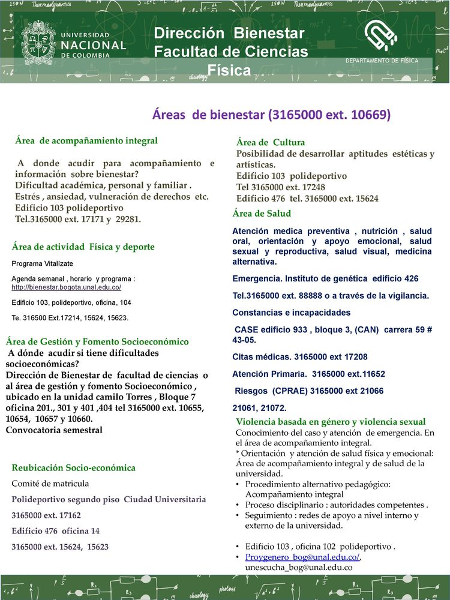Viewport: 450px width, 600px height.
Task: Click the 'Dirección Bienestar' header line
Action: (229, 32)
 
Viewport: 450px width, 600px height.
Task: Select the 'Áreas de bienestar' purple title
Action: (271, 115)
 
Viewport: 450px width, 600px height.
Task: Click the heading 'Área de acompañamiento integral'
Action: (86, 140)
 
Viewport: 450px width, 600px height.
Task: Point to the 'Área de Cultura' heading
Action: (271, 142)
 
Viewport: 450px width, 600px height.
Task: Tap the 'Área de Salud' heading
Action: (262, 214)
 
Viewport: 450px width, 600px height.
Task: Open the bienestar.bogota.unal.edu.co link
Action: (67, 288)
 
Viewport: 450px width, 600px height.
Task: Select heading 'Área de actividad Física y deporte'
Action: (83, 247)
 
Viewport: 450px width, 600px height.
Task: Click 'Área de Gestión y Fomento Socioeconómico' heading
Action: (97, 341)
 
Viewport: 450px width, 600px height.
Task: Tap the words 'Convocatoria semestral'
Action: (54, 430)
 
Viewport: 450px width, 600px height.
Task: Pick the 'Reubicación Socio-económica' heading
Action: (74, 467)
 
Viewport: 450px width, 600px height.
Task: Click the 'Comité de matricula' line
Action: (50, 483)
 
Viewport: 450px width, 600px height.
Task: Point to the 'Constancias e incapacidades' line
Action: (292, 313)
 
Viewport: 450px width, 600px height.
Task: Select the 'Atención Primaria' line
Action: (308, 374)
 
